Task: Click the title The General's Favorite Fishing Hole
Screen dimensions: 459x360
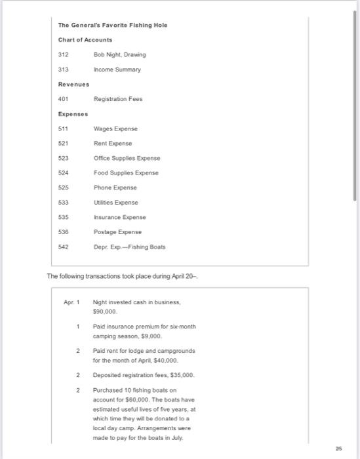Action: pyautogui.click(x=113, y=25)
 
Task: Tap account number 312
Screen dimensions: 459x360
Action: pyautogui.click(x=64, y=54)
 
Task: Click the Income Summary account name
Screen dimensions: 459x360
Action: pyautogui.click(x=117, y=69)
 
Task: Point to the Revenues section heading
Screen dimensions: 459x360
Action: pyautogui.click(x=73, y=84)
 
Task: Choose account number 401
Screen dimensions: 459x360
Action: pyautogui.click(x=64, y=99)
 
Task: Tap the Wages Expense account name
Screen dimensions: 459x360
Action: pyautogui.click(x=116, y=129)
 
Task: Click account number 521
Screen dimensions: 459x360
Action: pyautogui.click(x=64, y=143)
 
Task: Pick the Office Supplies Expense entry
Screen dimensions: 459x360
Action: pyautogui.click(x=127, y=158)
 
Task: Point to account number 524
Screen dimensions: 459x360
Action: pyautogui.click(x=64, y=172)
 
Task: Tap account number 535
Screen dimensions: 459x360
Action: pyautogui.click(x=64, y=216)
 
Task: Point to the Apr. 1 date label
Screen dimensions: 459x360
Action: pyautogui.click(x=71, y=302)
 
